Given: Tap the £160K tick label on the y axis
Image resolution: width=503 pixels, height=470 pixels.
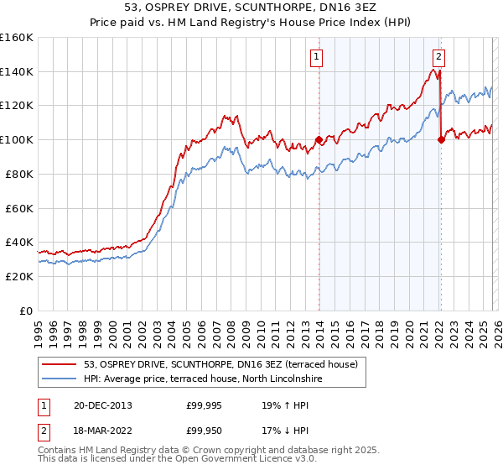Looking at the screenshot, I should [x=17, y=38].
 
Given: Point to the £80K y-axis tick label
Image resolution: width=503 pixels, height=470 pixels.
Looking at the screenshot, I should [x=19, y=174].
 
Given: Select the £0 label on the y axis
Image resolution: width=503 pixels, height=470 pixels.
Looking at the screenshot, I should [x=27, y=311].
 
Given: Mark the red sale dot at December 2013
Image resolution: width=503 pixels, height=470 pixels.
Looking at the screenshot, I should [x=319, y=140].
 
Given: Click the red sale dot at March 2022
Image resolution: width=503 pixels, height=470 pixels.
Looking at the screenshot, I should [x=441, y=140].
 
